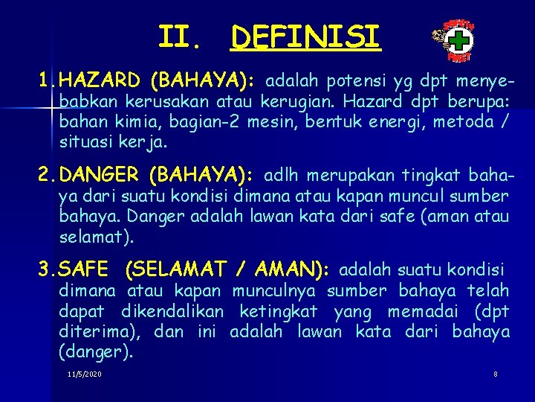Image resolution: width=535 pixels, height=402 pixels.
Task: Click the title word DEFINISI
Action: click(x=305, y=36)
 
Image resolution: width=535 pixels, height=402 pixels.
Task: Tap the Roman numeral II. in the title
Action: click(x=180, y=36)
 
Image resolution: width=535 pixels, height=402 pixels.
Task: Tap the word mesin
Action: click(x=275, y=121)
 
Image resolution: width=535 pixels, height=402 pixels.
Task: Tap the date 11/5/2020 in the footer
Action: click(x=84, y=374)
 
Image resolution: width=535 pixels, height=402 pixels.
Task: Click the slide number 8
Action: click(x=496, y=374)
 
